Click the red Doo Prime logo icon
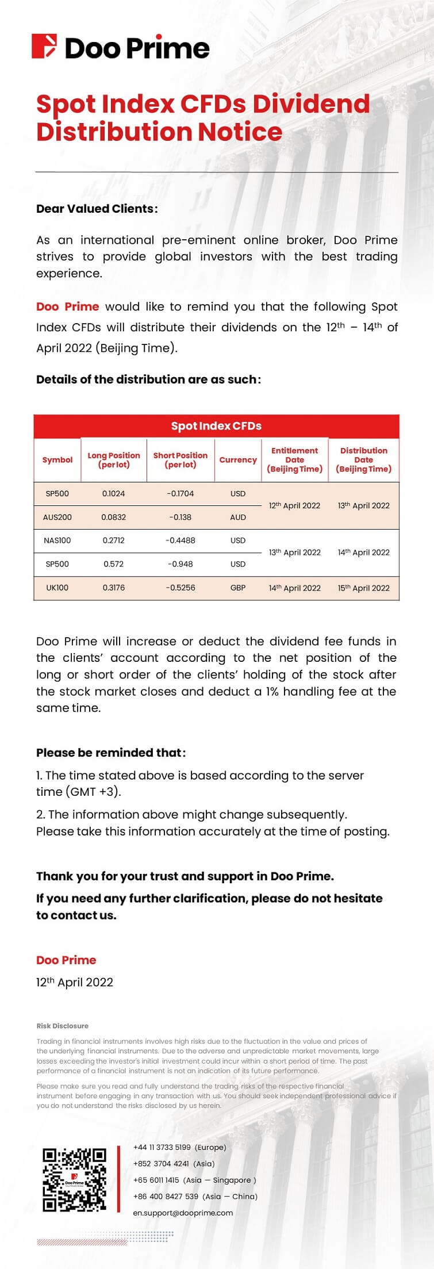(44, 47)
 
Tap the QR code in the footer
(75, 1180)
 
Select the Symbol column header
(57, 460)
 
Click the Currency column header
(238, 460)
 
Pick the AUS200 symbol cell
(57, 517)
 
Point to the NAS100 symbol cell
(57, 540)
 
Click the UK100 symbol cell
(57, 588)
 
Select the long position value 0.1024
(114, 493)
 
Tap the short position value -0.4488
(180, 540)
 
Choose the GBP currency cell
(238, 588)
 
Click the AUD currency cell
(238, 517)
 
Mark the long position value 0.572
(114, 564)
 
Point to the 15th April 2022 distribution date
(364, 588)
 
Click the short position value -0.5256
(180, 588)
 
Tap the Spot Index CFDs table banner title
(216, 426)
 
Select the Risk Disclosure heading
(63, 1026)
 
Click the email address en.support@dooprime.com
(183, 1213)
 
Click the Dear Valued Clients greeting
(97, 209)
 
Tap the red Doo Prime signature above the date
(66, 960)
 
